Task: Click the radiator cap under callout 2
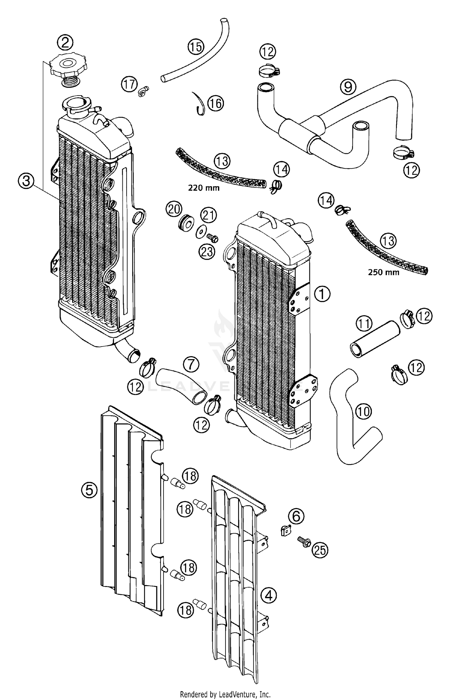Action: coord(68,67)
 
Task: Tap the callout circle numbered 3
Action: coord(26,181)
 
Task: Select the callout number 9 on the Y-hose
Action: coord(348,87)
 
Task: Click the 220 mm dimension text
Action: coord(204,188)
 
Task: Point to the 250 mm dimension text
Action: coord(384,272)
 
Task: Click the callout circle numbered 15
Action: coord(196,47)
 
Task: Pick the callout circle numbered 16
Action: coord(216,103)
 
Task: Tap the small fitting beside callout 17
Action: coord(143,91)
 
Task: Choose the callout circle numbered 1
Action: coord(322,294)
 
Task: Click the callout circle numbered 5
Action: coord(89,491)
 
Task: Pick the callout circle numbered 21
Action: coord(209,216)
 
